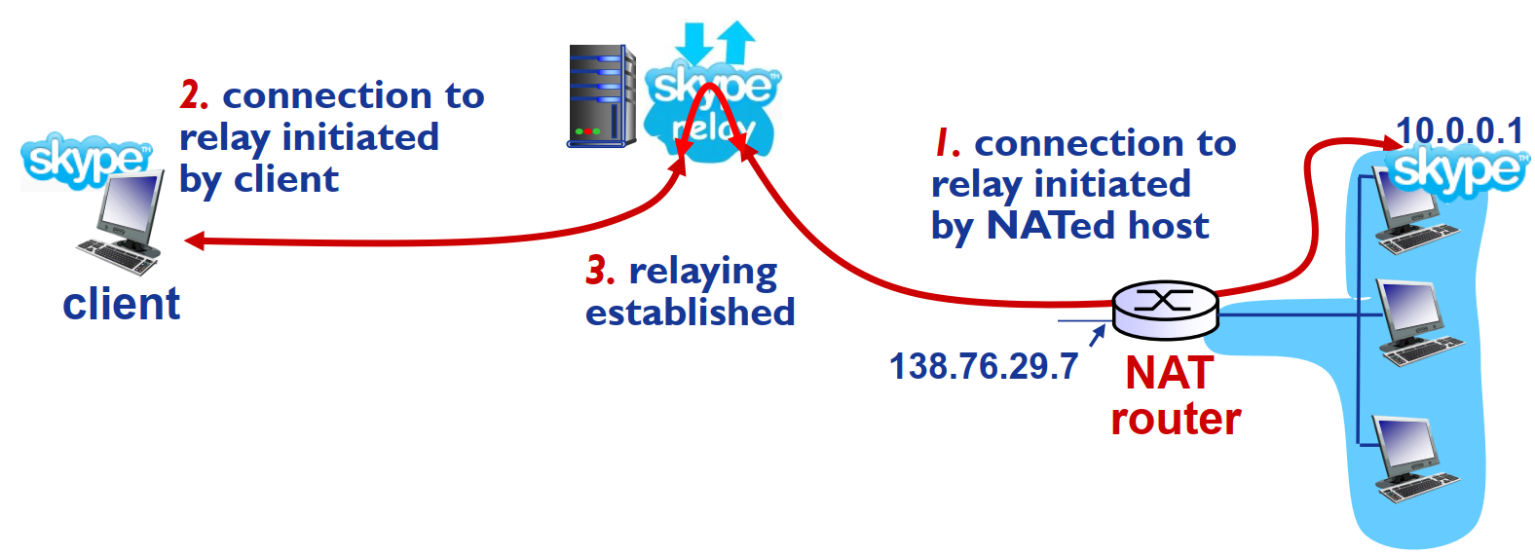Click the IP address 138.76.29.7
point(983,367)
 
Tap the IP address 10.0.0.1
point(1458,130)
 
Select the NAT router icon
point(1164,309)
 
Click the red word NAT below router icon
point(1169,373)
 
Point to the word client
point(121,304)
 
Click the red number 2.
point(193,95)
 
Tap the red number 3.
point(600,271)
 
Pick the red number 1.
point(947,143)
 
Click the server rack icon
point(600,95)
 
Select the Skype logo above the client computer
point(86,160)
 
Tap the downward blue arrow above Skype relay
point(694,44)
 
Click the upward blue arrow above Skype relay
point(736,41)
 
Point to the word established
point(690,313)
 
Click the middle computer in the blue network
point(1417,322)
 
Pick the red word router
point(1176,419)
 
